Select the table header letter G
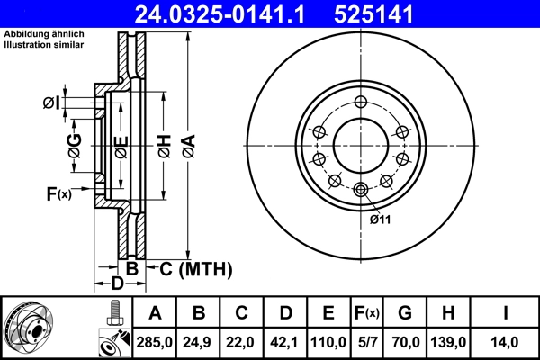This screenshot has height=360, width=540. point(405,313)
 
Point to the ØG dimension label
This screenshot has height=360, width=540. point(76,144)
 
